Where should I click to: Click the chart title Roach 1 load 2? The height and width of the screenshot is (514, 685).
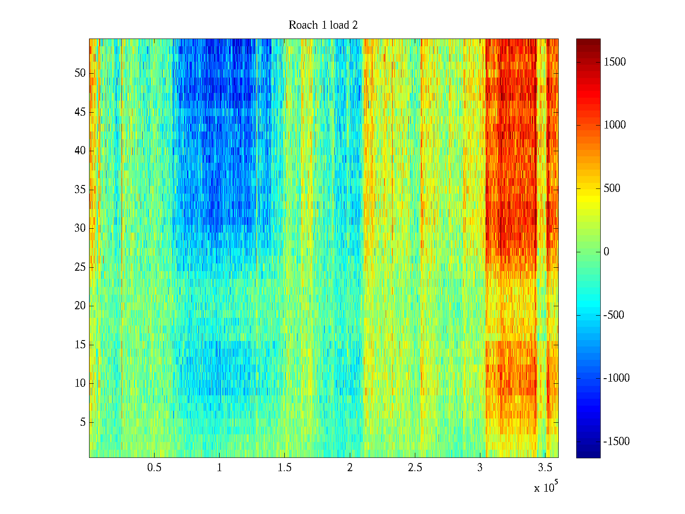pos(323,25)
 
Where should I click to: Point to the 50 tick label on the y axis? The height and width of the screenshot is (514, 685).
pos(80,73)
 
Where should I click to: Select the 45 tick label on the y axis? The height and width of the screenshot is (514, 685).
pos(80,112)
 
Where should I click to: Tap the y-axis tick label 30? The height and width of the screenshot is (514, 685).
pos(80,228)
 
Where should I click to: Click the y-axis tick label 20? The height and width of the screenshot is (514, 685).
pos(80,306)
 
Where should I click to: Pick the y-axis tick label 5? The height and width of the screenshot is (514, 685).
pos(83,422)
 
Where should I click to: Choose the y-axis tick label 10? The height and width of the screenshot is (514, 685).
pos(80,383)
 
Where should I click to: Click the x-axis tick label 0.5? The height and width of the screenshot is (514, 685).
pos(155,468)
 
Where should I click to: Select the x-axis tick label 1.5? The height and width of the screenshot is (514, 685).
pos(285,468)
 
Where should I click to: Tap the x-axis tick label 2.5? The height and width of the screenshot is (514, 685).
pos(415,468)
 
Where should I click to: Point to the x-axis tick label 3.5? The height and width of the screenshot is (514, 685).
pos(545,468)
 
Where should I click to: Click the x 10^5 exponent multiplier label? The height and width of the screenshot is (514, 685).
pos(546,487)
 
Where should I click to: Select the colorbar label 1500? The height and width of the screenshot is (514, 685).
pos(615,62)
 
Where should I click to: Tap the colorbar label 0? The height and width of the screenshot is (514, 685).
pos(606,252)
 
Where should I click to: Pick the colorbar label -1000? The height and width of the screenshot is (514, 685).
pos(616,378)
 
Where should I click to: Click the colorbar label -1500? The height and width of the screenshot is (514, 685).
pos(616,442)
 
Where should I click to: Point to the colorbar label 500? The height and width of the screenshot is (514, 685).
pos(612,188)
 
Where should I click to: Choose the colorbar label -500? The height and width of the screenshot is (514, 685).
pos(614,315)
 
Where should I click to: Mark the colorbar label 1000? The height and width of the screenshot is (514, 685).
pos(615,125)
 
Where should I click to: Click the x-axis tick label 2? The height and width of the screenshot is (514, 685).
pos(350,468)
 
